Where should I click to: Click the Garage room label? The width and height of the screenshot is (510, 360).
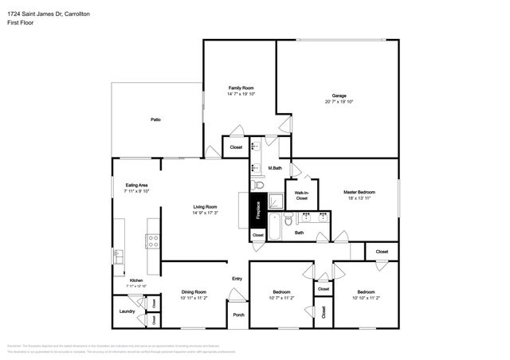click(339, 96)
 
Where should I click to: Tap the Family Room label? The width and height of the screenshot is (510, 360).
click(241, 88)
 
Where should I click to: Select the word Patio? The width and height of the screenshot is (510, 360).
click(156, 119)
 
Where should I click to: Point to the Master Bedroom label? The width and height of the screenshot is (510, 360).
click(359, 192)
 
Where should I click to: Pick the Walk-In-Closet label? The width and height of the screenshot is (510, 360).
click(301, 195)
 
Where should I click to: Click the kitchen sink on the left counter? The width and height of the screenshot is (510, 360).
click(118, 256)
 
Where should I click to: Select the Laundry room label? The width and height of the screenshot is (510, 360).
click(126, 311)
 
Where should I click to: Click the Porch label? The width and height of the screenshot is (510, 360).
click(238, 315)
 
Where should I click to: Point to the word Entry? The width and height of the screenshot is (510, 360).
click(237, 279)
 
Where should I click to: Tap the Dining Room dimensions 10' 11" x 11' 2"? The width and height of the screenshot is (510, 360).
click(194, 298)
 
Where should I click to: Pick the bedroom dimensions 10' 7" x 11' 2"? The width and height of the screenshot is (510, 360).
click(281, 298)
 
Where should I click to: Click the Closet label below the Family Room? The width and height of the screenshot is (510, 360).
click(237, 147)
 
